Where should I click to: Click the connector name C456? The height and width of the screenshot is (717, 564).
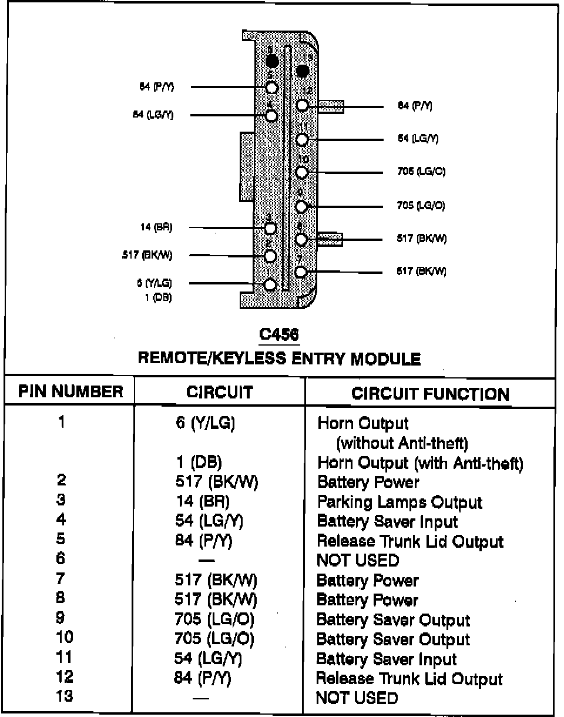279,334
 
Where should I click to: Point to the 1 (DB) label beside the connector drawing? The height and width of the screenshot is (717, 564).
158,297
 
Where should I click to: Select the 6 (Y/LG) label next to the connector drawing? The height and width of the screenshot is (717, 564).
155,283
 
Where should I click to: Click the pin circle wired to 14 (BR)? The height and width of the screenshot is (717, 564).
270,228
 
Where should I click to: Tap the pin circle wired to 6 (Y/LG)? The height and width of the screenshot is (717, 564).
270,284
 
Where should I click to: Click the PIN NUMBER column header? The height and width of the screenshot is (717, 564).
70,392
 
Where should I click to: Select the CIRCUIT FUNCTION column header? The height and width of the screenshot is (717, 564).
430,394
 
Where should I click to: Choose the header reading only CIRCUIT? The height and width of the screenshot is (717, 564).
219,392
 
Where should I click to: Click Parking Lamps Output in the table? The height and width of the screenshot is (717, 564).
399,502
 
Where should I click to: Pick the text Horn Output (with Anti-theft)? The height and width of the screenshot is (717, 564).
420,463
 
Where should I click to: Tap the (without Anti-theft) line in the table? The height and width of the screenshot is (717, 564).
402,443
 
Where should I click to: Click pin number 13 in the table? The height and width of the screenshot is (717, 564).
64,696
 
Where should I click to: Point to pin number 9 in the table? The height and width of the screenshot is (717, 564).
61,618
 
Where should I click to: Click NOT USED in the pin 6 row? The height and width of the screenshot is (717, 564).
357,561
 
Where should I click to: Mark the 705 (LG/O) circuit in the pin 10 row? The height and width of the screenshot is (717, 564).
214,639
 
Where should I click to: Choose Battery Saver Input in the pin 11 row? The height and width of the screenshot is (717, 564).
387,659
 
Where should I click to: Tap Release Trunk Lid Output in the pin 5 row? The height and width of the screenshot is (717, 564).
410,541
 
